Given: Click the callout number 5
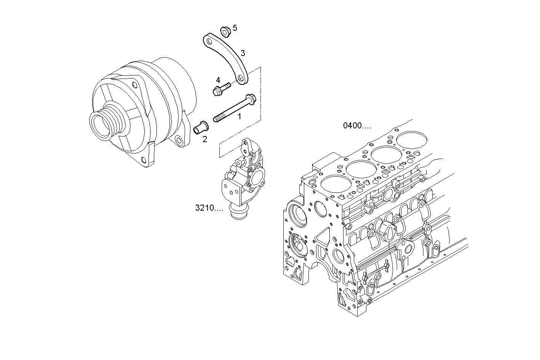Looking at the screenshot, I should pos(235,28).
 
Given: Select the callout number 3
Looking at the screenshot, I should pos(243,53).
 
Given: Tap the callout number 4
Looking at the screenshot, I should pos(218,80).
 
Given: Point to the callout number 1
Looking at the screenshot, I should pos(240,117).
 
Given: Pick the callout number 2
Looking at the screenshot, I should pos(205,139).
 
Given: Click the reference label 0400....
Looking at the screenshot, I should pos(357,125).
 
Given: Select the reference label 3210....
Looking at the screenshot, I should pos(209,208).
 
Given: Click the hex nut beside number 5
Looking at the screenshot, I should pos(225,32).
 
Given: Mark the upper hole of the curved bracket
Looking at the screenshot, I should pos(208,40).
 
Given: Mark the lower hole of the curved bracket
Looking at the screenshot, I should pos(241,78).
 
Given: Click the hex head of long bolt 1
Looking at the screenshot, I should pos(250,98).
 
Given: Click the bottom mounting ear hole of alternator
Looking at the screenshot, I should pos(143,160).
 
